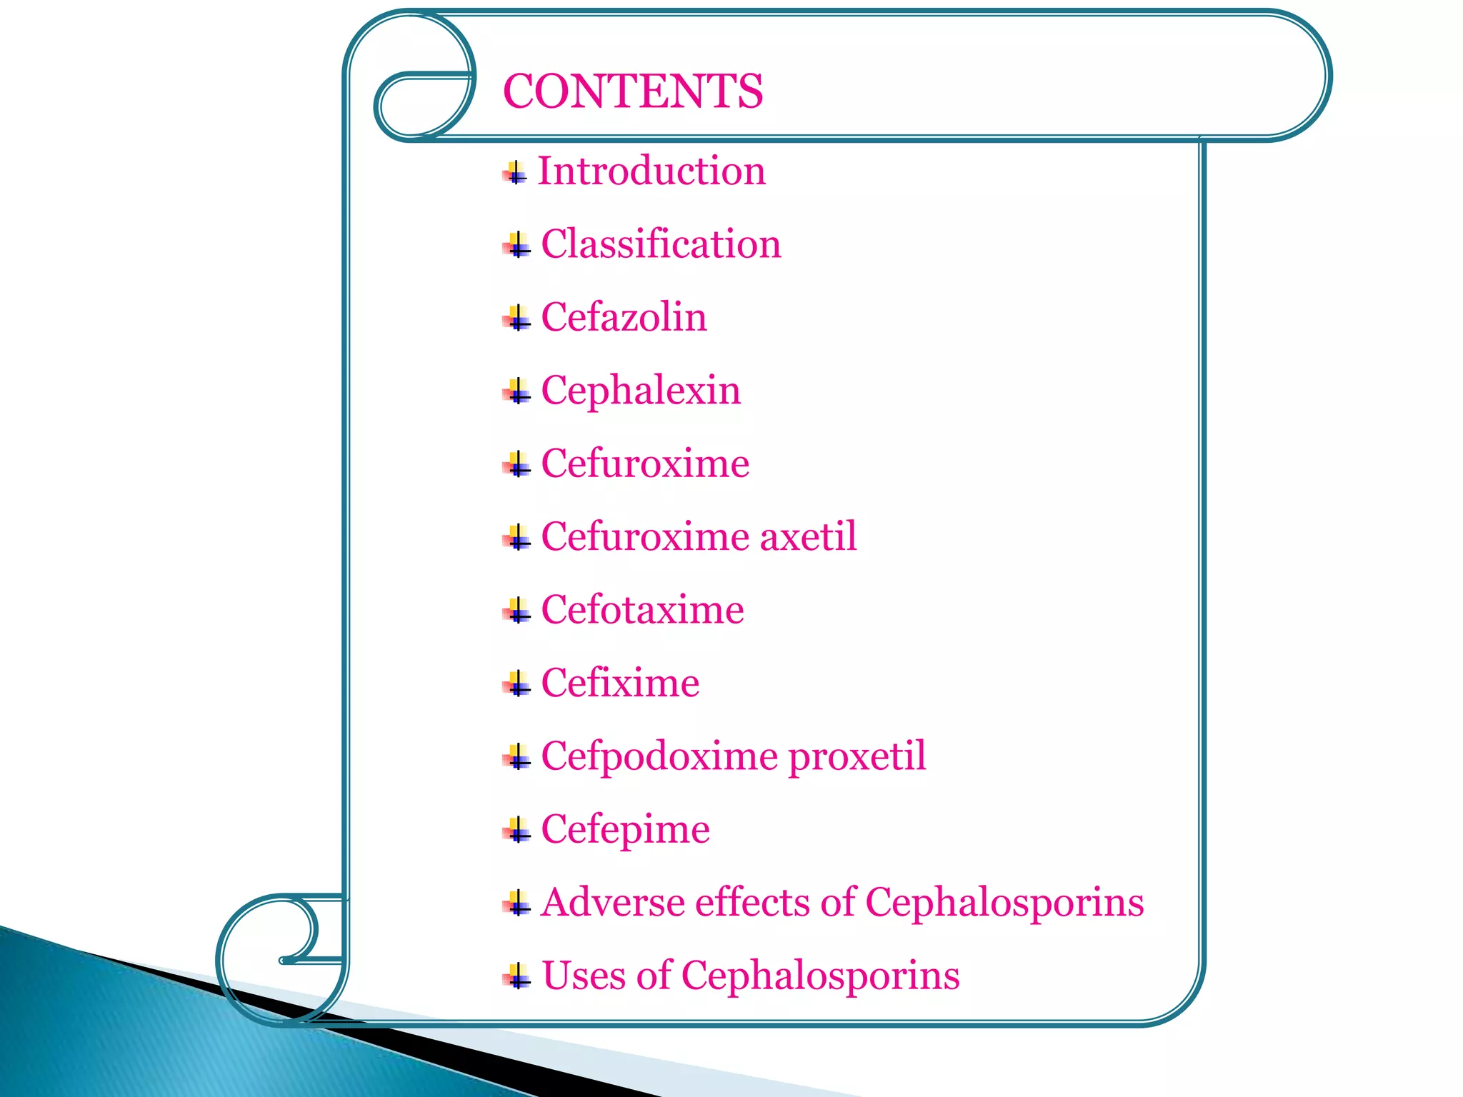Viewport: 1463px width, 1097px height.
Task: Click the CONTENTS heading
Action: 633,91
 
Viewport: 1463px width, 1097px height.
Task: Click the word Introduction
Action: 651,171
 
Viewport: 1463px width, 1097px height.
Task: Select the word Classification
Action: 661,244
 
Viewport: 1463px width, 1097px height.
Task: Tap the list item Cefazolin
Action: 624,317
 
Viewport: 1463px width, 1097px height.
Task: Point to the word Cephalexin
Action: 641,391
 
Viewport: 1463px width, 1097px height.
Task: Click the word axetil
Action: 808,536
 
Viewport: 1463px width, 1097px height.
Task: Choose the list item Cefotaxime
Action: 642,610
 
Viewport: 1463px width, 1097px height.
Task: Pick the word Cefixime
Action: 620,683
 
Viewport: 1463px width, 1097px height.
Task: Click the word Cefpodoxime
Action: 659,756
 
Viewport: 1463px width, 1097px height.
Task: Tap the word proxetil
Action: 857,756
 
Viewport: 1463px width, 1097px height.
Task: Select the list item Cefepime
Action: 625,829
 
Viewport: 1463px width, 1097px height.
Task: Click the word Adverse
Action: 612,902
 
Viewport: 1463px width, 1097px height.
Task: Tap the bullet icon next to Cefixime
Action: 516,684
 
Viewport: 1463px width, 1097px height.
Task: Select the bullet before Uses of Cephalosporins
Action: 516,976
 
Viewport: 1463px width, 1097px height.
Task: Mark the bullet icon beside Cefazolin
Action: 516,319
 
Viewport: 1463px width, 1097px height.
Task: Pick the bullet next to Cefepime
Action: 516,831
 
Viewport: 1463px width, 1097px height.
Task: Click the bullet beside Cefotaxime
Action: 516,611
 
